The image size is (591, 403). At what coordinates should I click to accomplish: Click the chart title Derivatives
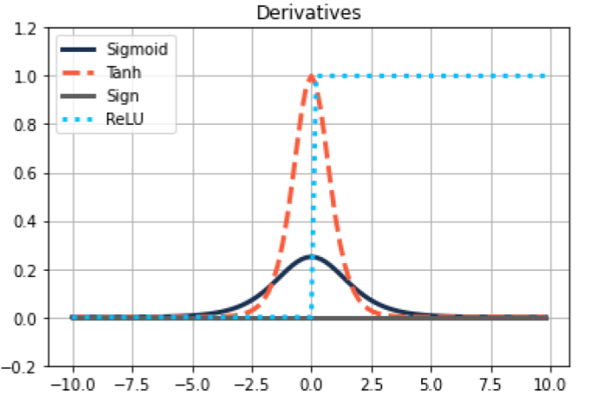308,12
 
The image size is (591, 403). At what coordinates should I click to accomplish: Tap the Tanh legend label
125,72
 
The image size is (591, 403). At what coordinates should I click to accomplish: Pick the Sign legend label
122,96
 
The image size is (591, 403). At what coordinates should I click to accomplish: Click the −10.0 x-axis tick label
71,385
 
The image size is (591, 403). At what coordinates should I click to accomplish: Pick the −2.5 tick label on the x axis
252,385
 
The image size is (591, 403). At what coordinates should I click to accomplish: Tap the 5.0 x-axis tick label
431,385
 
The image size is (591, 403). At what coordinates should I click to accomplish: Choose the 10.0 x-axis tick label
550,385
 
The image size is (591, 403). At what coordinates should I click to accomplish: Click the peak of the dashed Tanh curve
312,77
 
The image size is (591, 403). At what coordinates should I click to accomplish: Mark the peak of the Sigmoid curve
312,257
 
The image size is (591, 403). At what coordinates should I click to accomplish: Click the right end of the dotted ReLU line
545,77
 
